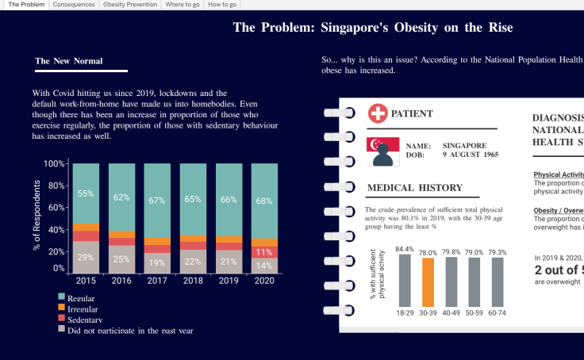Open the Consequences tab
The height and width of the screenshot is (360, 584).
click(74, 5)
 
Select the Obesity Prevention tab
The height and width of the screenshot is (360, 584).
click(129, 5)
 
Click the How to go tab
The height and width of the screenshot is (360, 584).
click(222, 5)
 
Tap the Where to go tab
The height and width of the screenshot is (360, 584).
click(182, 5)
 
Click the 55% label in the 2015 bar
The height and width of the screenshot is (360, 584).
click(86, 193)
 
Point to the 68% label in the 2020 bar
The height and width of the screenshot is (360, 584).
click(264, 200)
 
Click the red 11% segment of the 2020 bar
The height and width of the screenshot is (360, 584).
click(264, 252)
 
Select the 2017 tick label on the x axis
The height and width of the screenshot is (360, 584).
click(157, 280)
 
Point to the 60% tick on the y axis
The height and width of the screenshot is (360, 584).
click(55, 207)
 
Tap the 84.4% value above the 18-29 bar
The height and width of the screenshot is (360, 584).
click(405, 249)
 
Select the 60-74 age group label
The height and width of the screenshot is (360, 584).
click(498, 313)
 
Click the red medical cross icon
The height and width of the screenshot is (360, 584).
click(378, 113)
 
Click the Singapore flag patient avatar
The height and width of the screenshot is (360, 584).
click(382, 151)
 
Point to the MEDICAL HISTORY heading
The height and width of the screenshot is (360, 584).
click(415, 188)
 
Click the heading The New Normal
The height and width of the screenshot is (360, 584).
click(69, 61)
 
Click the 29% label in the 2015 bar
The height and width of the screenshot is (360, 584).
click(86, 257)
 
